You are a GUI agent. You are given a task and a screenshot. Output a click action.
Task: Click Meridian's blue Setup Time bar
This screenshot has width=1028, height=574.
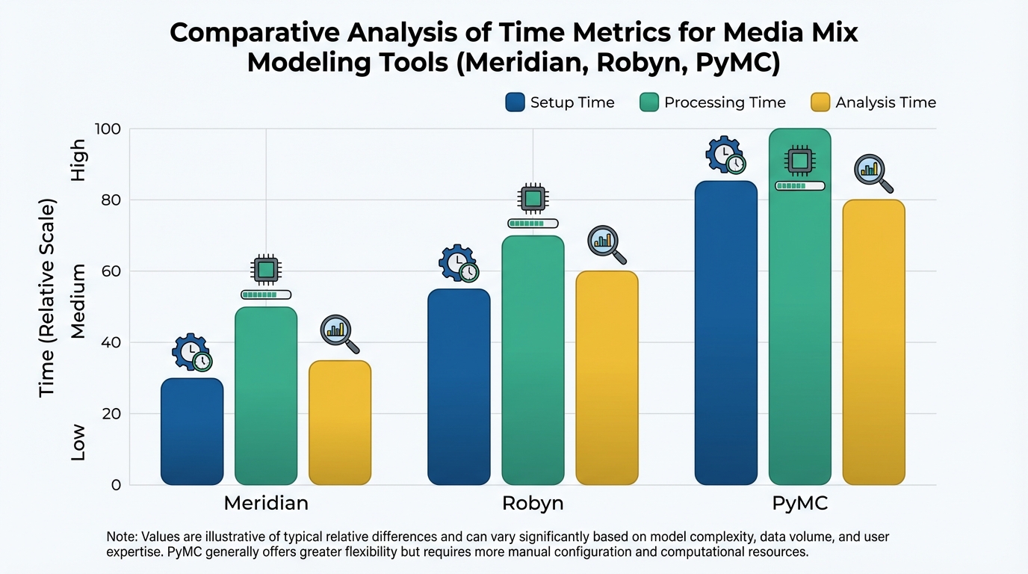(192, 431)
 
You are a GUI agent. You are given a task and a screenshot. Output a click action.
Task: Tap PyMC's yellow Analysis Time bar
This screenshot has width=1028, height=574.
(873, 342)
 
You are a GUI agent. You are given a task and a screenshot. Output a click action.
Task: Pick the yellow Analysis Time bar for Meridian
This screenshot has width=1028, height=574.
(340, 422)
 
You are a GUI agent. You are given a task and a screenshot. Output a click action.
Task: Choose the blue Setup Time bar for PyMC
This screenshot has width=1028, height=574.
(725, 333)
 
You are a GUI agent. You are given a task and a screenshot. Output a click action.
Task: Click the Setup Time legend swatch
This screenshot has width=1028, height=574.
(515, 102)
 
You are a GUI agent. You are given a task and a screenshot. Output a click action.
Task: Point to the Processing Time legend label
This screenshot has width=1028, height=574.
(725, 102)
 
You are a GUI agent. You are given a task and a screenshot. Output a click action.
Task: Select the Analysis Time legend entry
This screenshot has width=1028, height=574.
(885, 102)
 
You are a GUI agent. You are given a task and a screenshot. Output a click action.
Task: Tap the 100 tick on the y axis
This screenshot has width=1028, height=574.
(108, 129)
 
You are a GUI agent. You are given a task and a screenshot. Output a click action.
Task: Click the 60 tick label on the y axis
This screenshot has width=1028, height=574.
(111, 271)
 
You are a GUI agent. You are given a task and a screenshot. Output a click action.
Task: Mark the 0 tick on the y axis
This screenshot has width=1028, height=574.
(116, 485)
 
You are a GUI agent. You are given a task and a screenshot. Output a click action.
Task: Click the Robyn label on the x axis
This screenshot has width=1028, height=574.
(533, 503)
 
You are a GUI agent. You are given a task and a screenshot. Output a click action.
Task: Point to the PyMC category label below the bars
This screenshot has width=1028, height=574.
(799, 503)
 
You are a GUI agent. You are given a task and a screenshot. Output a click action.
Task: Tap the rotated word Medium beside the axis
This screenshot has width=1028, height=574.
(78, 301)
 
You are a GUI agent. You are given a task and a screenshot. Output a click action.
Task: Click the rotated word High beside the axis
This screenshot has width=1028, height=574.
(78, 161)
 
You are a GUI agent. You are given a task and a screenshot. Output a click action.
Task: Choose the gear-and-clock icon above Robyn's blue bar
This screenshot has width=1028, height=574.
(458, 264)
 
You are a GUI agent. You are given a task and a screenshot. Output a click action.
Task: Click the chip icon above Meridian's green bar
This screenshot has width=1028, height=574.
(265, 270)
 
